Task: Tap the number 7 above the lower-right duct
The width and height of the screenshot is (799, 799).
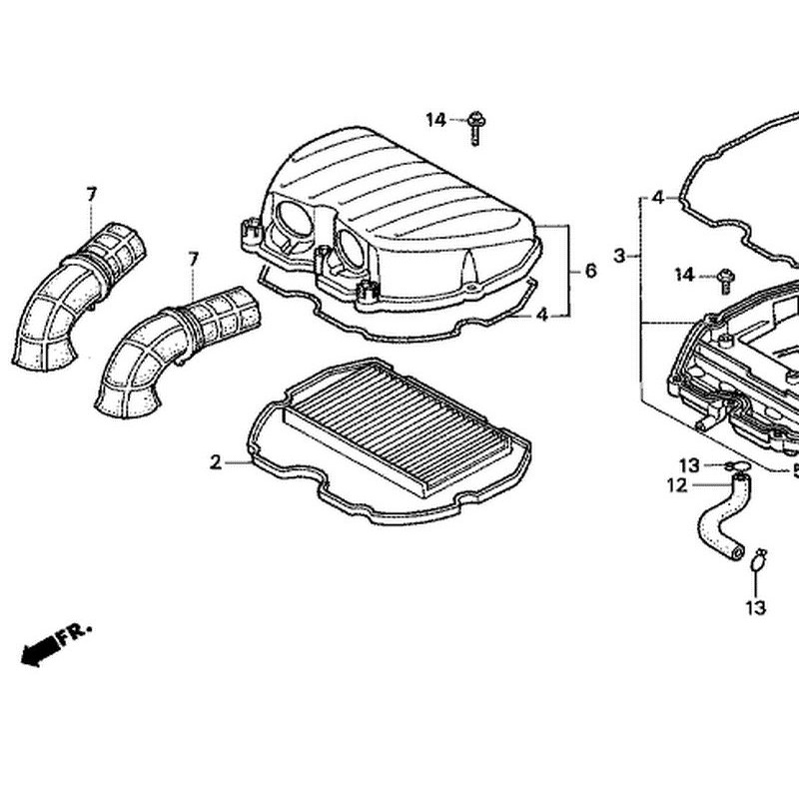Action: tap(193, 259)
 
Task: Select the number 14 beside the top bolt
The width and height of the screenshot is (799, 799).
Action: tap(435, 120)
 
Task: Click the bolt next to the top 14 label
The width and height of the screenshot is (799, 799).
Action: tap(476, 125)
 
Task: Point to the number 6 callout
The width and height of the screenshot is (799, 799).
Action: tap(590, 271)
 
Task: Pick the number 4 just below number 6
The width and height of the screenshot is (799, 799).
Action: tap(541, 315)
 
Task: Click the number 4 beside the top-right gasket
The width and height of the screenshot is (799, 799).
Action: tap(657, 198)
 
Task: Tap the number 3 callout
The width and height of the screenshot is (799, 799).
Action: tap(619, 256)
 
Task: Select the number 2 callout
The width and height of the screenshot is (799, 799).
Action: tap(215, 461)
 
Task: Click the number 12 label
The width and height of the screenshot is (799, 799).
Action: tap(677, 485)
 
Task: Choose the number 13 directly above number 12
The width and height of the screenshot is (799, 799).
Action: tap(689, 465)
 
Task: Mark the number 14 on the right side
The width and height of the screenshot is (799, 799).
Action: tap(684, 275)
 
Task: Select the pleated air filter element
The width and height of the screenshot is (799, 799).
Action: tap(399, 434)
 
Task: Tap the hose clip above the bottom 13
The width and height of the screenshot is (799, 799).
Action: tap(757, 560)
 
